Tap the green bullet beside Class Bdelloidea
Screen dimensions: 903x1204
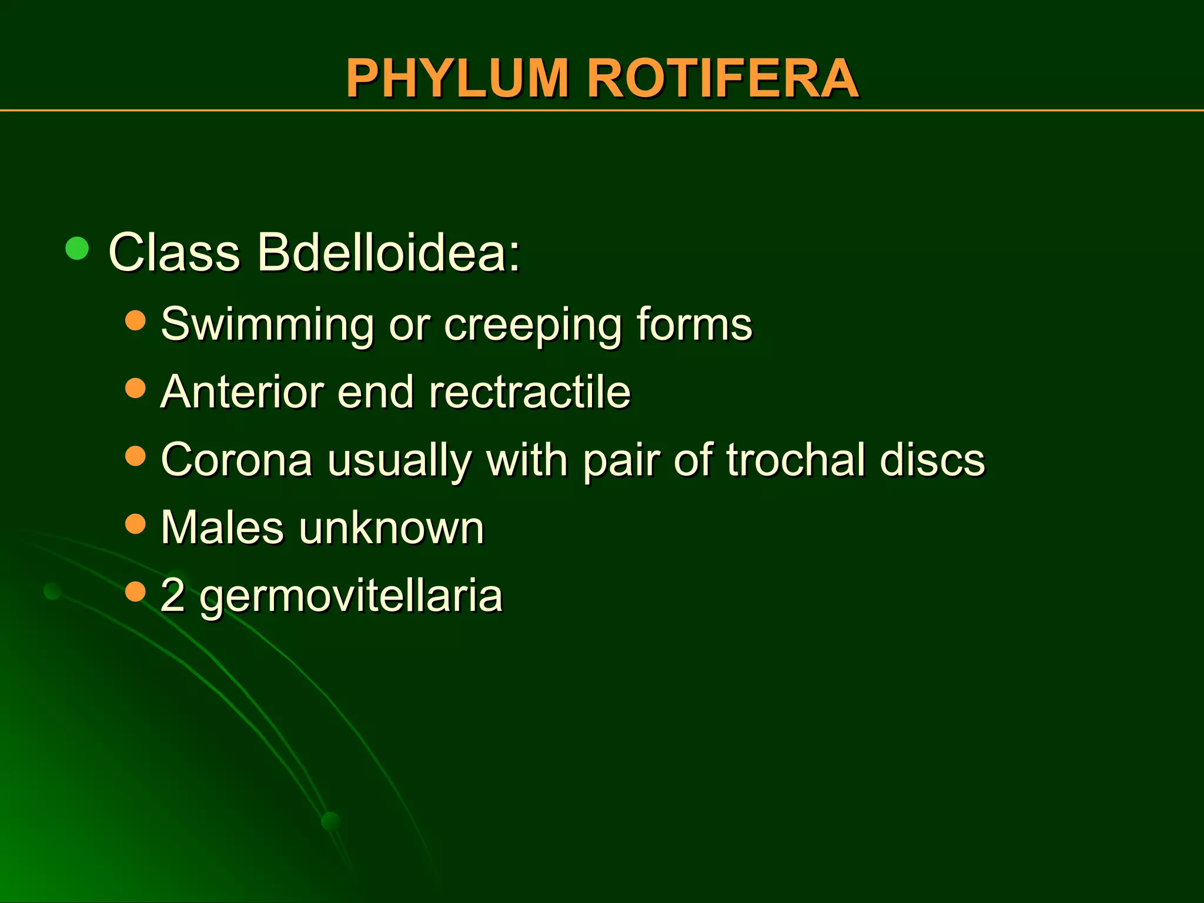[77, 249]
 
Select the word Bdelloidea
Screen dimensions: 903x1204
[389, 252]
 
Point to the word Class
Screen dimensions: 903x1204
[174, 252]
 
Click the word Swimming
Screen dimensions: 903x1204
[267, 325]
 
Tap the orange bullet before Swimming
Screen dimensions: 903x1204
[135, 320]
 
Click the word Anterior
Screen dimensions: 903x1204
[242, 392]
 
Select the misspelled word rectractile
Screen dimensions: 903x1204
[529, 392]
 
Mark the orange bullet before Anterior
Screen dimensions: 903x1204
[135, 388]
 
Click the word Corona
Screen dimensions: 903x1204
[236, 459]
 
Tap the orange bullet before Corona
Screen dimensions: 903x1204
[135, 456]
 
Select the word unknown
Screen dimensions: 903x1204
[392, 527]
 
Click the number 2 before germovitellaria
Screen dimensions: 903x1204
[172, 595]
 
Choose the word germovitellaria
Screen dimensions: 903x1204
[351, 596]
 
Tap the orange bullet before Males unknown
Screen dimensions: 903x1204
[135, 523]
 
